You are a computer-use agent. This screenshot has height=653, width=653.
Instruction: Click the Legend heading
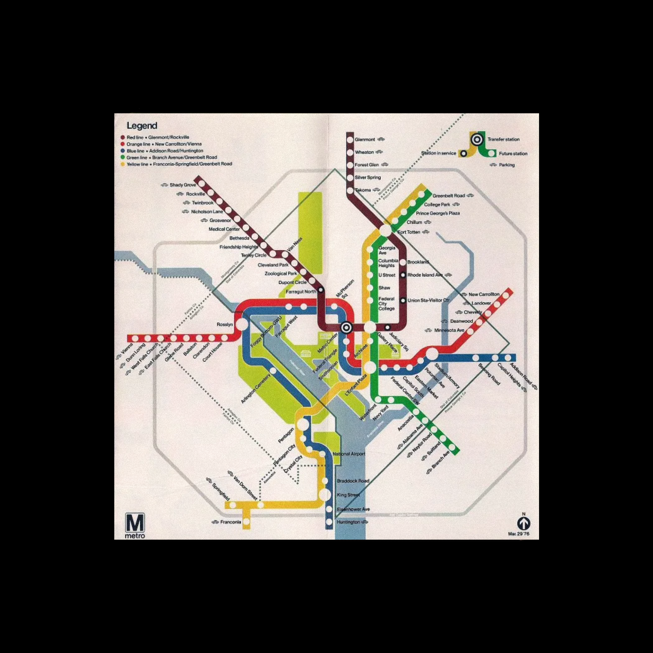(142, 126)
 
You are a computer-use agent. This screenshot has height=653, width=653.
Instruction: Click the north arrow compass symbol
(524, 524)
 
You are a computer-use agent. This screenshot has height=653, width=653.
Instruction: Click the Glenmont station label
(365, 140)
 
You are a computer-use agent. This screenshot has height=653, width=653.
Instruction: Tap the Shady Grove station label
(183, 185)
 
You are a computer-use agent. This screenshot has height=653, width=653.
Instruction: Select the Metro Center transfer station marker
(346, 327)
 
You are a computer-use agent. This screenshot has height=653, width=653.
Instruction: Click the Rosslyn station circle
(241, 325)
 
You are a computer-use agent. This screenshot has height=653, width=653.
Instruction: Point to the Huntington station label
(348, 522)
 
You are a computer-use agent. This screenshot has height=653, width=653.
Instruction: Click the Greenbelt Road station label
(449, 196)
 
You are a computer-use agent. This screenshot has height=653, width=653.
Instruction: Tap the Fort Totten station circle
(385, 231)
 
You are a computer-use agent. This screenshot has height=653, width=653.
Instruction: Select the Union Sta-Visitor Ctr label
(428, 300)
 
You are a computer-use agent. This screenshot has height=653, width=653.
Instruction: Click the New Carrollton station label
(484, 295)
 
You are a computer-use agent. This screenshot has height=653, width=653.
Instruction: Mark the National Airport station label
(349, 454)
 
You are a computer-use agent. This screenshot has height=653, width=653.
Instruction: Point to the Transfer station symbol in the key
(477, 139)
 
